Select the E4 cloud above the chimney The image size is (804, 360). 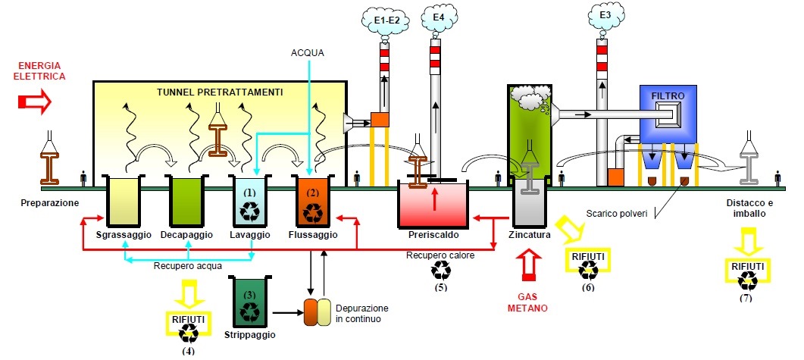438,17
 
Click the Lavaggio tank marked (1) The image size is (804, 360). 250,202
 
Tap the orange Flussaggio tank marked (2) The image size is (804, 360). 312,202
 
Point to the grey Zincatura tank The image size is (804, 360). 529,205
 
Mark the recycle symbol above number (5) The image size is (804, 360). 440,270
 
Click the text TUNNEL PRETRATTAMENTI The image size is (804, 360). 220,92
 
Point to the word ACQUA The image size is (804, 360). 308,53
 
